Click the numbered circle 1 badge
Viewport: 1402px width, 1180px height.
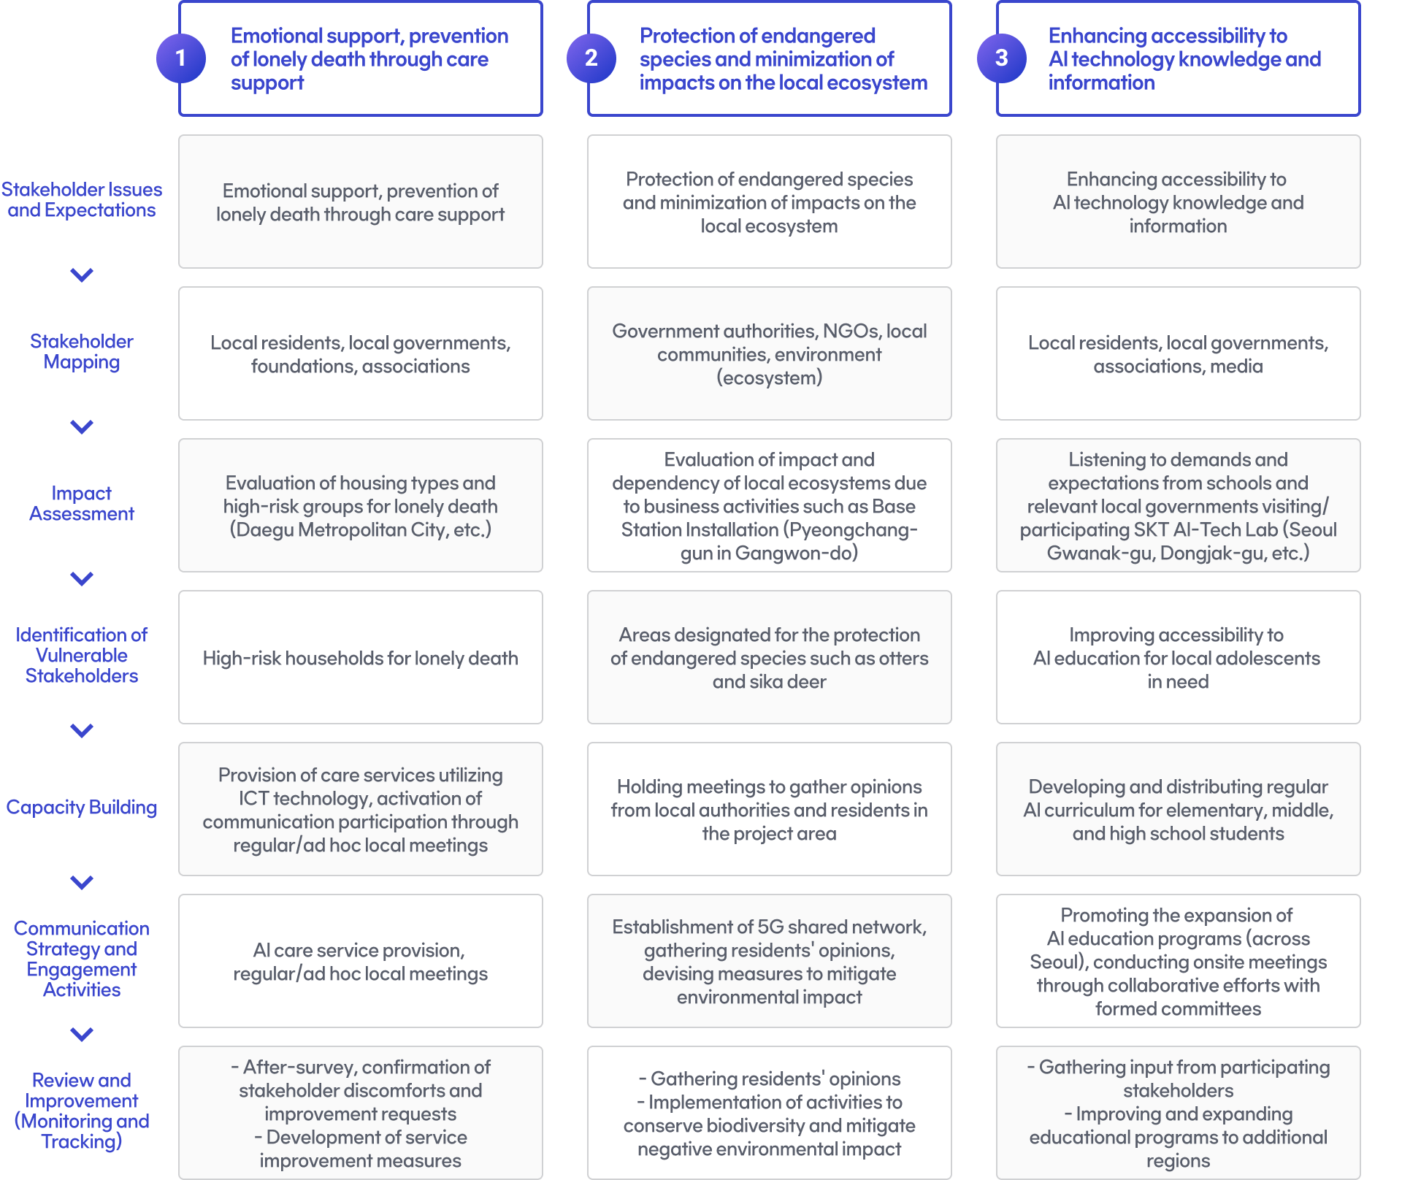[x=181, y=58]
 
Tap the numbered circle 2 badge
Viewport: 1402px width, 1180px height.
[x=591, y=58]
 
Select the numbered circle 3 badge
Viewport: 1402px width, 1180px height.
[x=1002, y=58]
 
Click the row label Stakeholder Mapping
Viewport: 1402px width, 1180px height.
[x=82, y=351]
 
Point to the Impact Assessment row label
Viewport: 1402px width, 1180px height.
[x=82, y=503]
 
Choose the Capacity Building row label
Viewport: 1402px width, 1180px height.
[x=82, y=807]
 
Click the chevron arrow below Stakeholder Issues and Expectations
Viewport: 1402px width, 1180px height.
[x=82, y=275]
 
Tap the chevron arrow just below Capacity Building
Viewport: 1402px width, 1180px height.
[x=82, y=882]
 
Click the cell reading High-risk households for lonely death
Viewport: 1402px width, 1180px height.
[x=361, y=657]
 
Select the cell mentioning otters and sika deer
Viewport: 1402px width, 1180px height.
[x=770, y=657]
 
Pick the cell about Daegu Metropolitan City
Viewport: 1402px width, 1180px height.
[x=361, y=505]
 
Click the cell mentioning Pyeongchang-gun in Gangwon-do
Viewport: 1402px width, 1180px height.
[x=770, y=505]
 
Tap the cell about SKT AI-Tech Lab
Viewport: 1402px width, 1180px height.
[x=1179, y=505]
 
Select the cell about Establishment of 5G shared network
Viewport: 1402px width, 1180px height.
[x=770, y=961]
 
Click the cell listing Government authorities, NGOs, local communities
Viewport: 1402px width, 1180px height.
[x=770, y=353]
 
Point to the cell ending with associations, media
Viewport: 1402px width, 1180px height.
[x=1179, y=353]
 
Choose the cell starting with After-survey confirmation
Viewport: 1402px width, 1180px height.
[x=361, y=1113]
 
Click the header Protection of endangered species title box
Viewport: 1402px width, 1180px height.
[x=770, y=58]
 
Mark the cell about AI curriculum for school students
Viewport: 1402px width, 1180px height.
[x=1179, y=809]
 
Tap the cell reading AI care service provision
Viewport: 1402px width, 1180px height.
[x=361, y=961]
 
